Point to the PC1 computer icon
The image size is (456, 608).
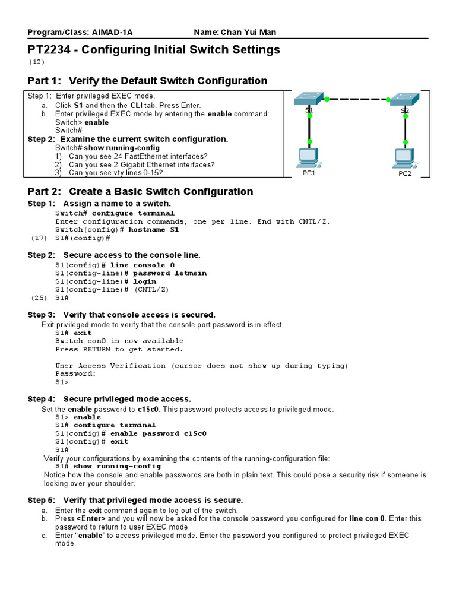point(309,157)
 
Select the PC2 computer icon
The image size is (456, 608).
point(404,157)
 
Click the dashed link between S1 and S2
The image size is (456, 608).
point(356,99)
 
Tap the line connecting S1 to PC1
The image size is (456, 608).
point(309,128)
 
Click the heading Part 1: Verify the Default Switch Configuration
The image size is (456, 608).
point(147,81)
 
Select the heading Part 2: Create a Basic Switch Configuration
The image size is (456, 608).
point(140,191)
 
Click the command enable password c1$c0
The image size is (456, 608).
point(159,433)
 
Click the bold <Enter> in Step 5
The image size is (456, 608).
point(90,518)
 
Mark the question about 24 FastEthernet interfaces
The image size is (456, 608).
point(141,156)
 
